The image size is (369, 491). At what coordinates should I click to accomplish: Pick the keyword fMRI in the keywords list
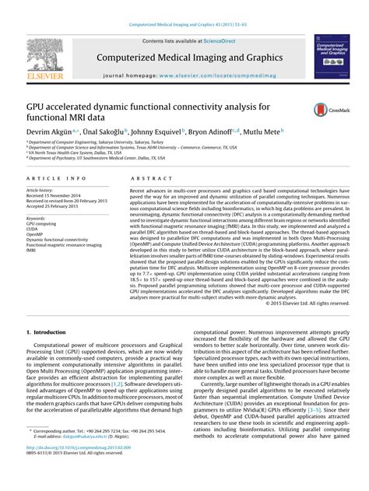point(32,251)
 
